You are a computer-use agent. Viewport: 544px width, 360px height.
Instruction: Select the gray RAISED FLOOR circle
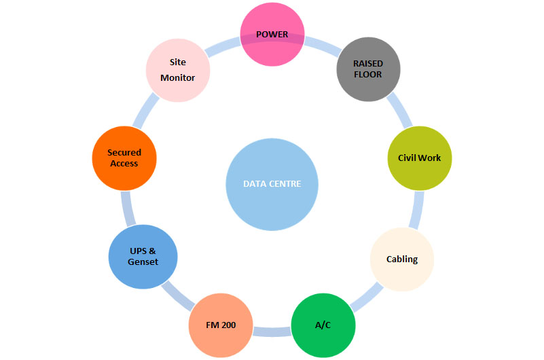click(x=369, y=69)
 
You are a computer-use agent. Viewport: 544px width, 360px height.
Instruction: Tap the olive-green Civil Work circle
click(x=419, y=158)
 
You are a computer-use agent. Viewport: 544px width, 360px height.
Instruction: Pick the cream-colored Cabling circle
click(x=401, y=259)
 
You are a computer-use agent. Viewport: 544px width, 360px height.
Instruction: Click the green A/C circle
click(x=323, y=325)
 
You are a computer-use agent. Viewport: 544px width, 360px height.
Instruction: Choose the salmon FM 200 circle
click(x=221, y=325)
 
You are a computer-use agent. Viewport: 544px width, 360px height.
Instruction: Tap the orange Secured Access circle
click(x=124, y=158)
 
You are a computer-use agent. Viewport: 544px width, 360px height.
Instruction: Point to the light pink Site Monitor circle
click(x=178, y=70)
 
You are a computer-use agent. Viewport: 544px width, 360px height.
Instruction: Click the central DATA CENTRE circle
click(x=272, y=184)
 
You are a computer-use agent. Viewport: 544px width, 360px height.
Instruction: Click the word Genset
click(x=143, y=262)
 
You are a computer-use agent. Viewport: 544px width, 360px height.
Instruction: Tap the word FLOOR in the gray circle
click(x=368, y=75)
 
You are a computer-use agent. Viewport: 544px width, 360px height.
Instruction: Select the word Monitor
click(x=178, y=77)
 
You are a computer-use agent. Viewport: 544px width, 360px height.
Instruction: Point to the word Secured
click(x=124, y=153)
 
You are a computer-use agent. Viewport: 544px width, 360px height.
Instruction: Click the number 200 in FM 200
click(x=228, y=325)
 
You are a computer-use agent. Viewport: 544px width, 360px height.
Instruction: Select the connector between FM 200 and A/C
click(x=272, y=331)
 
